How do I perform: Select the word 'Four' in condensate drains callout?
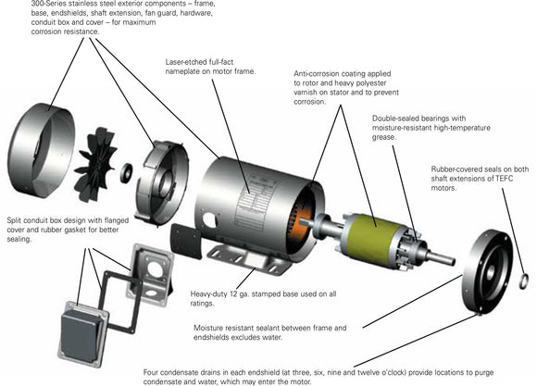coord(154,371)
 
